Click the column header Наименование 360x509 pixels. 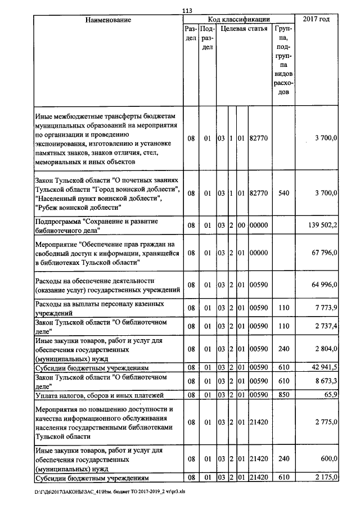pyautogui.click(x=108, y=20)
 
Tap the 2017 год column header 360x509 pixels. pyautogui.click(x=317, y=20)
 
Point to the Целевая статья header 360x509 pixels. pyautogui.click(x=244, y=29)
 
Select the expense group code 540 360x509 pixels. pyautogui.click(x=283, y=193)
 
